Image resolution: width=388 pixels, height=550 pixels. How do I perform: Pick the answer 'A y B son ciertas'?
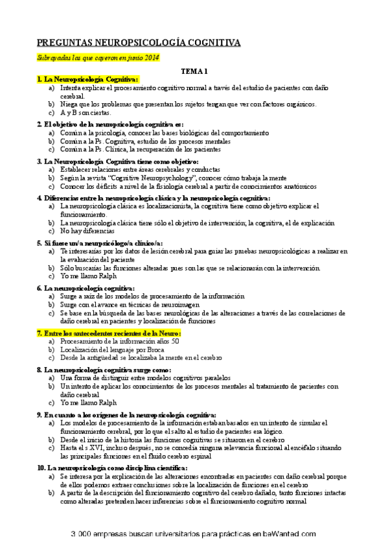click(86, 112)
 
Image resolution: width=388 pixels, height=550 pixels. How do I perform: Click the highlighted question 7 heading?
click(109, 333)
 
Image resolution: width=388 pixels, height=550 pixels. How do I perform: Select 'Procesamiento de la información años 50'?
click(120, 341)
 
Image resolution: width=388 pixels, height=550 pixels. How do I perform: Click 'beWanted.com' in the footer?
click(291, 534)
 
